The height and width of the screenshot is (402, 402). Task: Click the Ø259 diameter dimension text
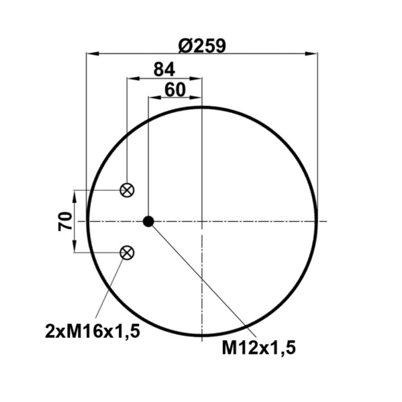(x=202, y=45)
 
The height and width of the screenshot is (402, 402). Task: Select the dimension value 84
(x=164, y=69)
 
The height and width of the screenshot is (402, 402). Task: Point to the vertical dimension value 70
(x=65, y=221)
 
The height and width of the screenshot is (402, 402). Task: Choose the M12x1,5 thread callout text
(x=258, y=347)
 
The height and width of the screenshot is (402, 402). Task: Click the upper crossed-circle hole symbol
(x=126, y=190)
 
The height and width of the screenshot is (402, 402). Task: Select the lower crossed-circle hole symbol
(x=126, y=252)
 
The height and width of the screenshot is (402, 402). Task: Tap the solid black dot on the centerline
(x=148, y=221)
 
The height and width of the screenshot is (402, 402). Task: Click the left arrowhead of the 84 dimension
(x=132, y=78)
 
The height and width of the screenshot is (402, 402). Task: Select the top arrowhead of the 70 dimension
(x=74, y=195)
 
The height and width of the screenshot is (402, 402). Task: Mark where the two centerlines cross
(x=202, y=221)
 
